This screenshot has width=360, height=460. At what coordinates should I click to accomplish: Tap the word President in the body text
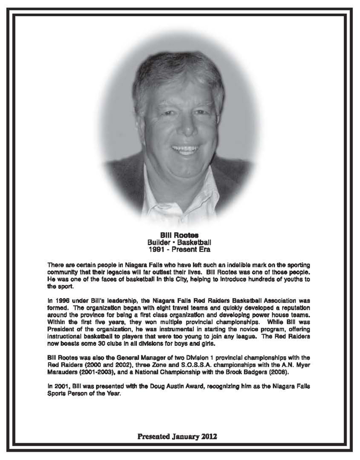[61, 331]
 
